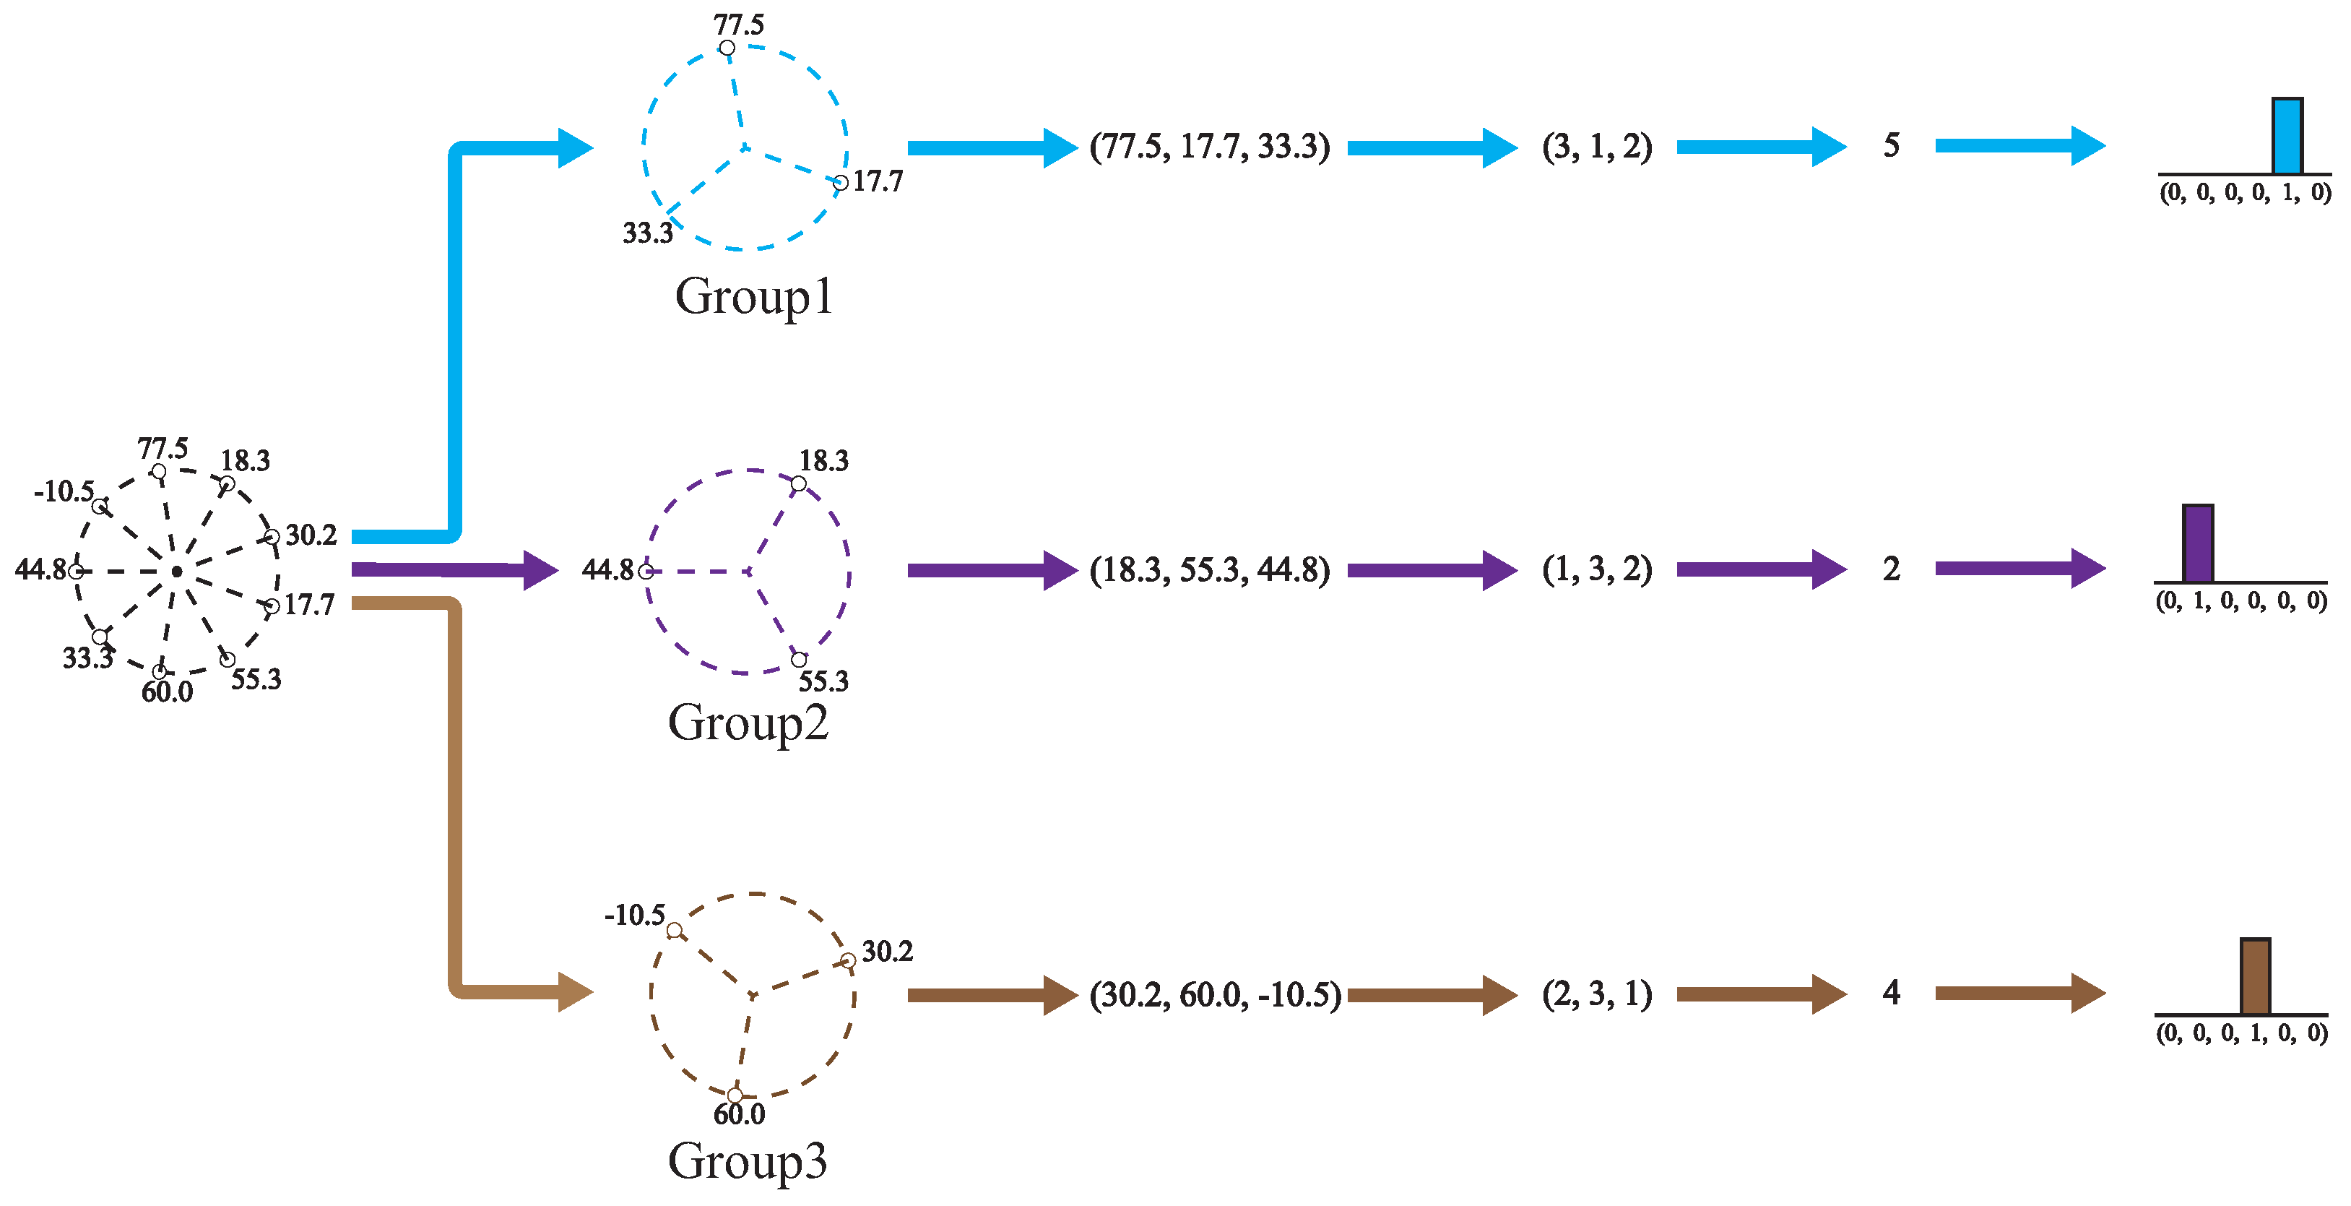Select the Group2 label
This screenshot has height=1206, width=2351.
(x=748, y=723)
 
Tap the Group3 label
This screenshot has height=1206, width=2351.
(x=748, y=1161)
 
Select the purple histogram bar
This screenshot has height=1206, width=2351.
(x=2198, y=544)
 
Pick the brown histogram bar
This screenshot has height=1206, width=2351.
(x=2255, y=977)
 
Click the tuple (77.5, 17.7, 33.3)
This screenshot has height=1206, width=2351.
(x=1209, y=147)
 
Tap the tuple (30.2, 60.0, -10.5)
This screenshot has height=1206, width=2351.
(x=1215, y=995)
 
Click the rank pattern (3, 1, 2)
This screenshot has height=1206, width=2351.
(x=1597, y=147)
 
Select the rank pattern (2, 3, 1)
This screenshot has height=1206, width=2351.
(x=1597, y=994)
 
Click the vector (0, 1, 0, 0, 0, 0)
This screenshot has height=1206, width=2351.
(x=2240, y=600)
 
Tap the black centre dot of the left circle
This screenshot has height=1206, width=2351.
(x=177, y=572)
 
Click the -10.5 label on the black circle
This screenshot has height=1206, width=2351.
(x=63, y=492)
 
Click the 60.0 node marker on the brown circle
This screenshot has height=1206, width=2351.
(x=735, y=1095)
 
